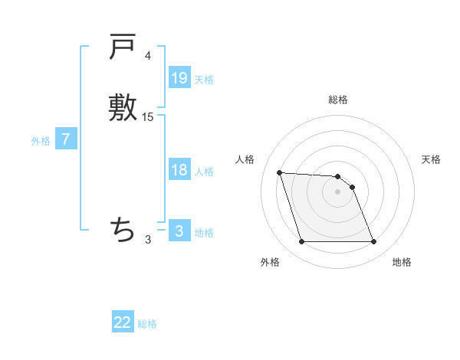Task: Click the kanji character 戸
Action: tap(123, 47)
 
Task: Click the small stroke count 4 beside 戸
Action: tap(147, 56)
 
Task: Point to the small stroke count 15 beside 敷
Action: tap(148, 117)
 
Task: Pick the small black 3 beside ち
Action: tap(148, 240)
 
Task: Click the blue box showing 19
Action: tap(179, 78)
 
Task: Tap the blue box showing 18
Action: tap(179, 170)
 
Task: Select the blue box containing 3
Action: tap(179, 231)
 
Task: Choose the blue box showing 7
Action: tap(66, 139)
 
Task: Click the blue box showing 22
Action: tap(123, 322)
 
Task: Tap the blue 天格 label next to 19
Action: tap(204, 80)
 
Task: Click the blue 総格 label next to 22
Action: tap(147, 324)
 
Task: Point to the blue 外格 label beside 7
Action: tap(41, 141)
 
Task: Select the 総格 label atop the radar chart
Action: tap(338, 100)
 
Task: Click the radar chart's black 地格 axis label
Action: tap(402, 262)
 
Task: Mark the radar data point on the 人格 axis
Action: tap(279, 172)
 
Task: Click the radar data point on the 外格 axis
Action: tap(301, 242)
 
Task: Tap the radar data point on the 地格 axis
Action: tap(374, 242)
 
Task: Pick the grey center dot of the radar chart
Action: tap(338, 191)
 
